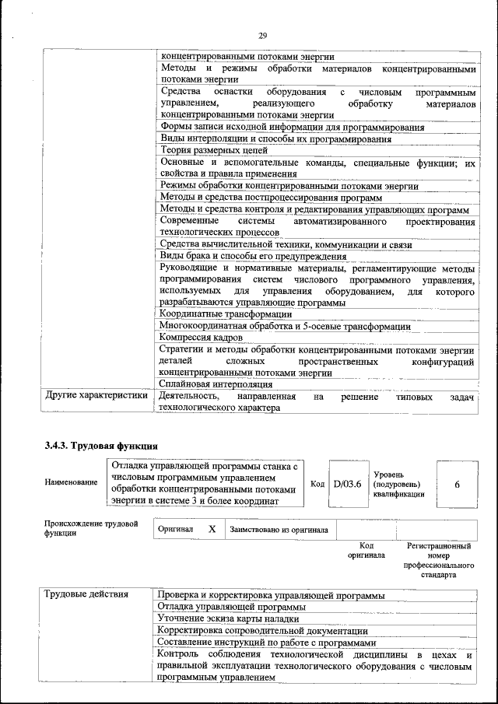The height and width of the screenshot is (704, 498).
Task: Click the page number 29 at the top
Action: point(262,36)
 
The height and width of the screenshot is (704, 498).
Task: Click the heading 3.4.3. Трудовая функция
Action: point(101,447)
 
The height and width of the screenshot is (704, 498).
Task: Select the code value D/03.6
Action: point(347,484)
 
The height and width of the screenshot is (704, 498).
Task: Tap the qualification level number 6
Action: point(458,484)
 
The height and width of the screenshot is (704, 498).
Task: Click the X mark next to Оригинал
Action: point(212,529)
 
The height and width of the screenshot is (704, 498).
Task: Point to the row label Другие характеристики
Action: point(96,395)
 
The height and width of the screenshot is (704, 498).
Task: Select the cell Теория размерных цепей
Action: point(213,150)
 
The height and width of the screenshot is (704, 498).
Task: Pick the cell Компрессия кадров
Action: point(202,338)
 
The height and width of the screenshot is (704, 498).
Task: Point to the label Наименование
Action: point(70,483)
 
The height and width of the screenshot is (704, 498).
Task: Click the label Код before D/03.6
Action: point(317,484)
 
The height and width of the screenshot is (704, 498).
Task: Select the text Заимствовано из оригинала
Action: point(279,530)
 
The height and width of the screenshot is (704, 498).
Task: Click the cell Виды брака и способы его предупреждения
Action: point(253,256)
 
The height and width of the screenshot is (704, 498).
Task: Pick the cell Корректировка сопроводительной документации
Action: point(262,630)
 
